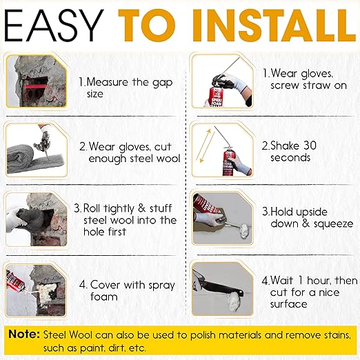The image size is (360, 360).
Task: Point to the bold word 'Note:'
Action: coord(23,334)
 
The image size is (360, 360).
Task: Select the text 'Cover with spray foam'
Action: coord(128,291)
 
